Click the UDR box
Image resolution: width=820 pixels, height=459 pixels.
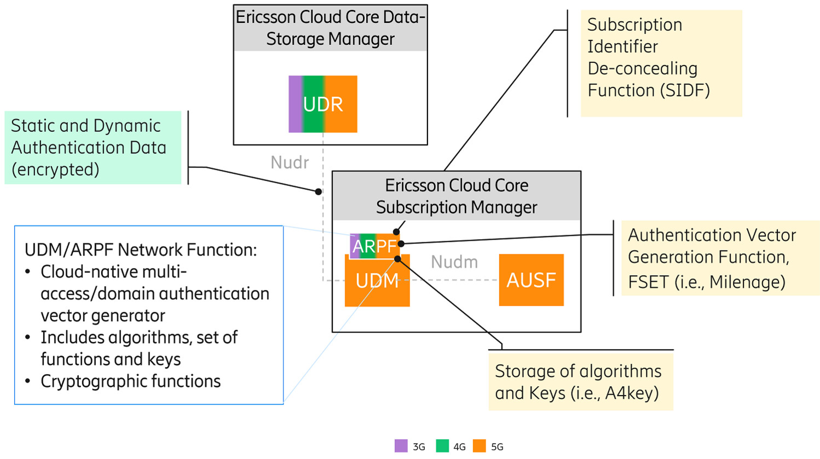(x=322, y=104)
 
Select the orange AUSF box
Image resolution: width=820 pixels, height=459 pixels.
(x=531, y=280)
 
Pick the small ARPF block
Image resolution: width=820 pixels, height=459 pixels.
(x=374, y=246)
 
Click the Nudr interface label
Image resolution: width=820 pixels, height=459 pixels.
(x=290, y=162)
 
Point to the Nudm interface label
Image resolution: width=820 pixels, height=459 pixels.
(x=454, y=262)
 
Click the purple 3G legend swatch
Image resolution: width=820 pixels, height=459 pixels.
(x=401, y=446)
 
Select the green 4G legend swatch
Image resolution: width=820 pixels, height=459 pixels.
(x=442, y=446)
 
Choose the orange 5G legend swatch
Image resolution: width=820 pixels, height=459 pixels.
(x=480, y=446)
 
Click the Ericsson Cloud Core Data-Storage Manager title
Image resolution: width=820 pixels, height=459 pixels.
(x=330, y=28)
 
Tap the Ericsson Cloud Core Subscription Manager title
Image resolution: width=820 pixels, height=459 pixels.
(x=456, y=196)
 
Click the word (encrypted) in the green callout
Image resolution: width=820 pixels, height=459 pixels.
(x=55, y=170)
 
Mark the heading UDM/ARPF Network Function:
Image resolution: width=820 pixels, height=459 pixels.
(x=141, y=250)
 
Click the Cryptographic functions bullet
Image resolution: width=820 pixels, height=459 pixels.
(x=130, y=381)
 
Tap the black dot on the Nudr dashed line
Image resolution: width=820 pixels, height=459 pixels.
(x=318, y=191)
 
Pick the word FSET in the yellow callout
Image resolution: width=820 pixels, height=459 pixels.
(x=649, y=282)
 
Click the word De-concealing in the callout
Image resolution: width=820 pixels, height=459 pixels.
(x=642, y=68)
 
